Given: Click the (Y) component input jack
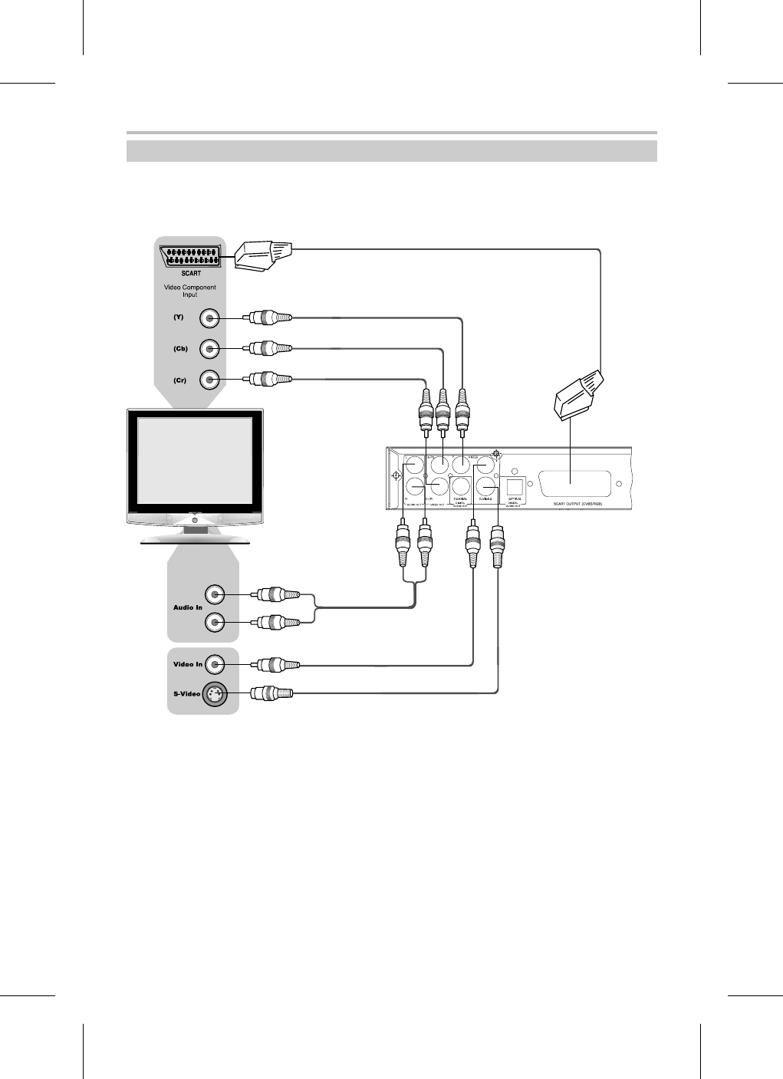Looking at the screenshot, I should (x=210, y=318).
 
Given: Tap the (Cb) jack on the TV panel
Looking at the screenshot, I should (x=210, y=349).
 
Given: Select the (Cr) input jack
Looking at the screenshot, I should (x=210, y=380).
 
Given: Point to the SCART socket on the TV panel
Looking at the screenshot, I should (x=191, y=257).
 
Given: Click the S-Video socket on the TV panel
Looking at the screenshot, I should (x=214, y=694).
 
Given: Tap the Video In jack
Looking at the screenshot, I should (x=215, y=664).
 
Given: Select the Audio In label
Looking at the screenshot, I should (x=188, y=608).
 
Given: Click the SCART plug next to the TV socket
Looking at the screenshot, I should (x=262, y=255).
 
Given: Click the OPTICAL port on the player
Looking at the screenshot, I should (x=515, y=486).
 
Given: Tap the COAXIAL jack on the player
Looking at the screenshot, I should (x=461, y=485).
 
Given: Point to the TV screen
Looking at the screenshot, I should (x=194, y=460).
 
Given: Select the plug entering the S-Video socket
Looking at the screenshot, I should (x=268, y=694).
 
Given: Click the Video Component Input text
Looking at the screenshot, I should (x=191, y=291).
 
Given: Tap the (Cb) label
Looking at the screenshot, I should (x=180, y=349).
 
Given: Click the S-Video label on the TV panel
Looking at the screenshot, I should (x=186, y=694).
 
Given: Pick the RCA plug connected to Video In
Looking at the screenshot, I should (x=268, y=664).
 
